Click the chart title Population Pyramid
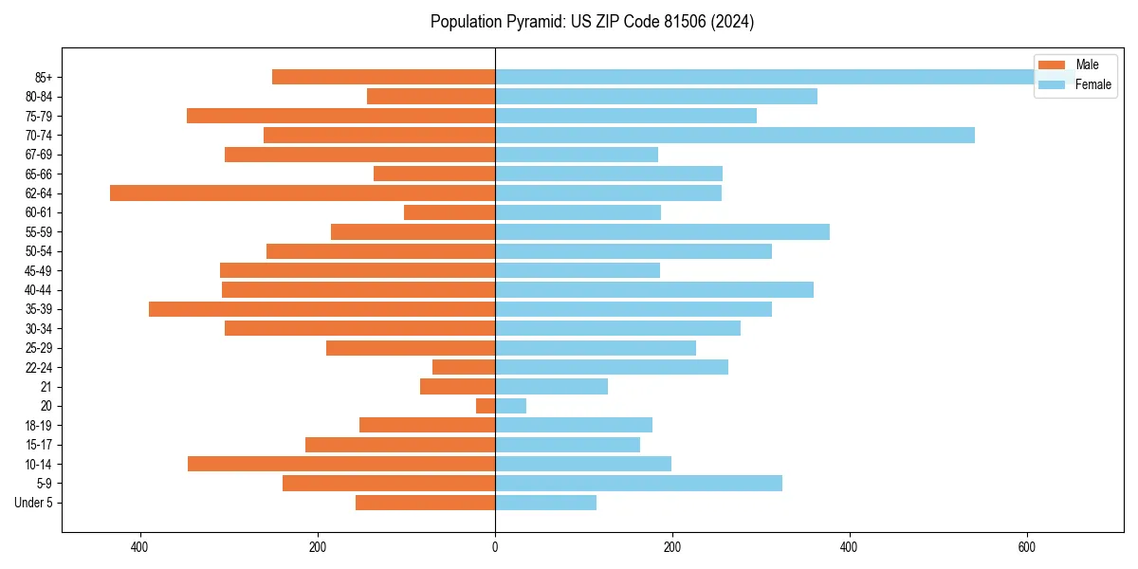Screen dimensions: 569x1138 click(x=592, y=22)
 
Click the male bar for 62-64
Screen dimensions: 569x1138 click(x=303, y=193)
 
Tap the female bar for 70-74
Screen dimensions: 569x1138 click(x=735, y=135)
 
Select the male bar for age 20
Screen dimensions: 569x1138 click(x=486, y=406)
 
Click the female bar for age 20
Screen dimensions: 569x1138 click(x=510, y=406)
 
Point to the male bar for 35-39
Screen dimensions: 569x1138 click(x=322, y=309)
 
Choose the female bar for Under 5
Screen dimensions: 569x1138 click(x=545, y=503)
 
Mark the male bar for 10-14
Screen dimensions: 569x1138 click(x=341, y=464)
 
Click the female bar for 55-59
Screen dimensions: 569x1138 click(x=662, y=231)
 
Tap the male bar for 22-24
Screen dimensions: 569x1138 click(x=464, y=367)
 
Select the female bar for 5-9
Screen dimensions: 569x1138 click(x=638, y=483)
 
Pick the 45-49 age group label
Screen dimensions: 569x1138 click(x=38, y=270)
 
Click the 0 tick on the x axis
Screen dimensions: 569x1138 click(x=495, y=547)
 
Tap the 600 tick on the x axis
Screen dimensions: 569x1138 click(x=1026, y=547)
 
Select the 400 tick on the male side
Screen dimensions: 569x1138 click(x=140, y=547)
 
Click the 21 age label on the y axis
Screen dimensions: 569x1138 click(x=46, y=386)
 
